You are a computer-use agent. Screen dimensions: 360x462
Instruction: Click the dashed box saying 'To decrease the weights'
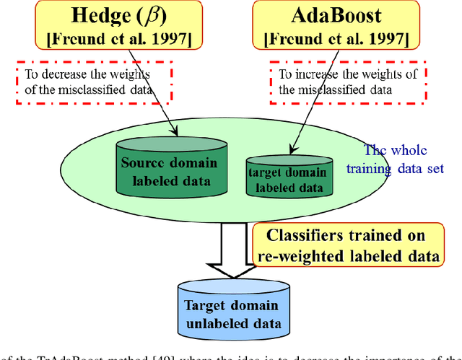[93, 81]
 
